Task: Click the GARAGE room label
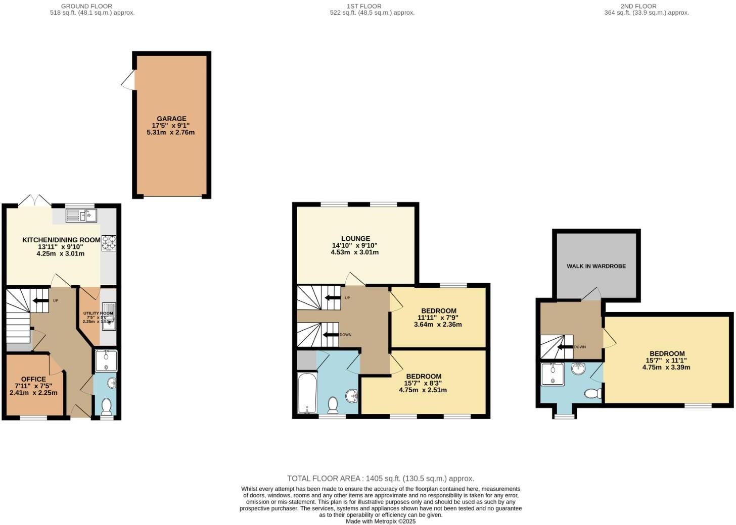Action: (x=171, y=119)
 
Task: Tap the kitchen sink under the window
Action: (x=81, y=216)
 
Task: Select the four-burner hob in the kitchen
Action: (x=108, y=243)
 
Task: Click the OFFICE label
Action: (x=33, y=379)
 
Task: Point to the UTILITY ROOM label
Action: (x=98, y=313)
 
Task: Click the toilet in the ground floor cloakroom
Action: (x=106, y=405)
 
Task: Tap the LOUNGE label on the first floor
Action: (x=355, y=239)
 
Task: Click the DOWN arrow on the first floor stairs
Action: (x=332, y=335)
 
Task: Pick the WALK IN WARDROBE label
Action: (x=596, y=266)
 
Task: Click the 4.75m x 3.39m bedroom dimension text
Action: (x=666, y=367)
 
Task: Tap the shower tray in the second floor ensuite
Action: (x=551, y=374)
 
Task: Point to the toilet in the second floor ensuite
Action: (x=592, y=393)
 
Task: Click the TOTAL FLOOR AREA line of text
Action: (x=380, y=479)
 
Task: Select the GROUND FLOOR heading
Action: (x=79, y=6)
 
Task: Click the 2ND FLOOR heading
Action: (x=646, y=6)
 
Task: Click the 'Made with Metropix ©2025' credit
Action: (x=380, y=521)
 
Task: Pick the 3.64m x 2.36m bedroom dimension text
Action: (x=438, y=325)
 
